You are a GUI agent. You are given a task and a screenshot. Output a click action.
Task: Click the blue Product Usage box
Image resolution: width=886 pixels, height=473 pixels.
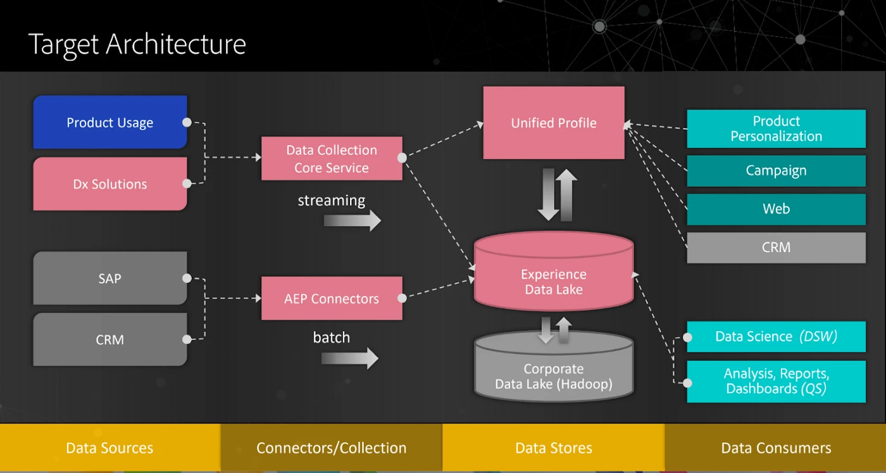[110, 122]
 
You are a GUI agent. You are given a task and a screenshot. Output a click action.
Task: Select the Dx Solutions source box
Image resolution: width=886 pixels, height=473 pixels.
[110, 184]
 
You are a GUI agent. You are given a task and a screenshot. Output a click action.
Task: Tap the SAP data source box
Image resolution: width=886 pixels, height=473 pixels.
[110, 278]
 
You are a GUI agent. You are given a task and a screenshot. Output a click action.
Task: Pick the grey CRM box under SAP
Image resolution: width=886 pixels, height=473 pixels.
[110, 339]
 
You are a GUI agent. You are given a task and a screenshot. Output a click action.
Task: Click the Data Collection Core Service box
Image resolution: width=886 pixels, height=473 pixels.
[332, 158]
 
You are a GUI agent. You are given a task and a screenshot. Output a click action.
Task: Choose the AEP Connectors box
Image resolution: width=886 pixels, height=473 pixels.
[332, 298]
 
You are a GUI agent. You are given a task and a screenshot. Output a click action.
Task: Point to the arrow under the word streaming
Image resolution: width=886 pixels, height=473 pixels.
[352, 220]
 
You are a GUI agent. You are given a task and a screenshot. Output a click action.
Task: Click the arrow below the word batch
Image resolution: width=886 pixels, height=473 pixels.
[349, 358]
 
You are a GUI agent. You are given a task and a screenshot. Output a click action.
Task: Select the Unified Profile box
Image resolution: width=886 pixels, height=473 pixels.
[554, 123]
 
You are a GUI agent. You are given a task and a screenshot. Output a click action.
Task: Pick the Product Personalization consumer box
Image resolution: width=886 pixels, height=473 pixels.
[776, 129]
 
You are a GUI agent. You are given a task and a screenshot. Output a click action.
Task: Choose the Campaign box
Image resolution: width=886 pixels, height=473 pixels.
[776, 170]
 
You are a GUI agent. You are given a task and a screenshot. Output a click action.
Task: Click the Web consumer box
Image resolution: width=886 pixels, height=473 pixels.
[776, 209]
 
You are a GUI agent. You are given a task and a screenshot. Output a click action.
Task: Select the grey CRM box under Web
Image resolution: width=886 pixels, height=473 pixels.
[776, 248]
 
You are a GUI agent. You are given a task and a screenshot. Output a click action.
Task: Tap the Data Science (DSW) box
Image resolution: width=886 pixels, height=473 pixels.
[776, 336]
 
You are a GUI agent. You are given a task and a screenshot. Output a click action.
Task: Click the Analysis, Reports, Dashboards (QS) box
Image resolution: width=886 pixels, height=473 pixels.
[776, 381]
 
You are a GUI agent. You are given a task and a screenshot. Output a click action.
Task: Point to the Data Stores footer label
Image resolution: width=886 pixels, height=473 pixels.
[554, 448]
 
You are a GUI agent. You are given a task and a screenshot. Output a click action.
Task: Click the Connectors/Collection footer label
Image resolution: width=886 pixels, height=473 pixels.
[332, 448]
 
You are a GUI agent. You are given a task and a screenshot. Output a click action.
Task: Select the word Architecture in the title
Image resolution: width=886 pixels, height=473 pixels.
[176, 44]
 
